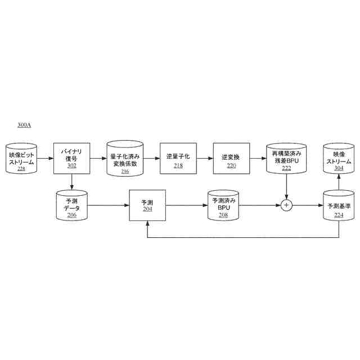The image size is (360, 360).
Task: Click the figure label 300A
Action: pos(24,125)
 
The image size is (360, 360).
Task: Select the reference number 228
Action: pos(21,168)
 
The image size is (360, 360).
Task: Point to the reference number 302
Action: pos(71,166)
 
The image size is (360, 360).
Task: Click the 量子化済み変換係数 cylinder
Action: pos(125,159)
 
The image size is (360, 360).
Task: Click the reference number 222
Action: pos(286,168)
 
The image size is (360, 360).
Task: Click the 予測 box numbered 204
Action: pos(147,205)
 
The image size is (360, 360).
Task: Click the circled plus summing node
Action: pos(286,205)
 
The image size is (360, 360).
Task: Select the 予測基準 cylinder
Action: pos(339,205)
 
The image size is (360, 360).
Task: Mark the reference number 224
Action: pos(339,214)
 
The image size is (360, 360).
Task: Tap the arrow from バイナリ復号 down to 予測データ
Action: pos(71,182)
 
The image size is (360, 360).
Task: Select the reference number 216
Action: pos(125,171)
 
